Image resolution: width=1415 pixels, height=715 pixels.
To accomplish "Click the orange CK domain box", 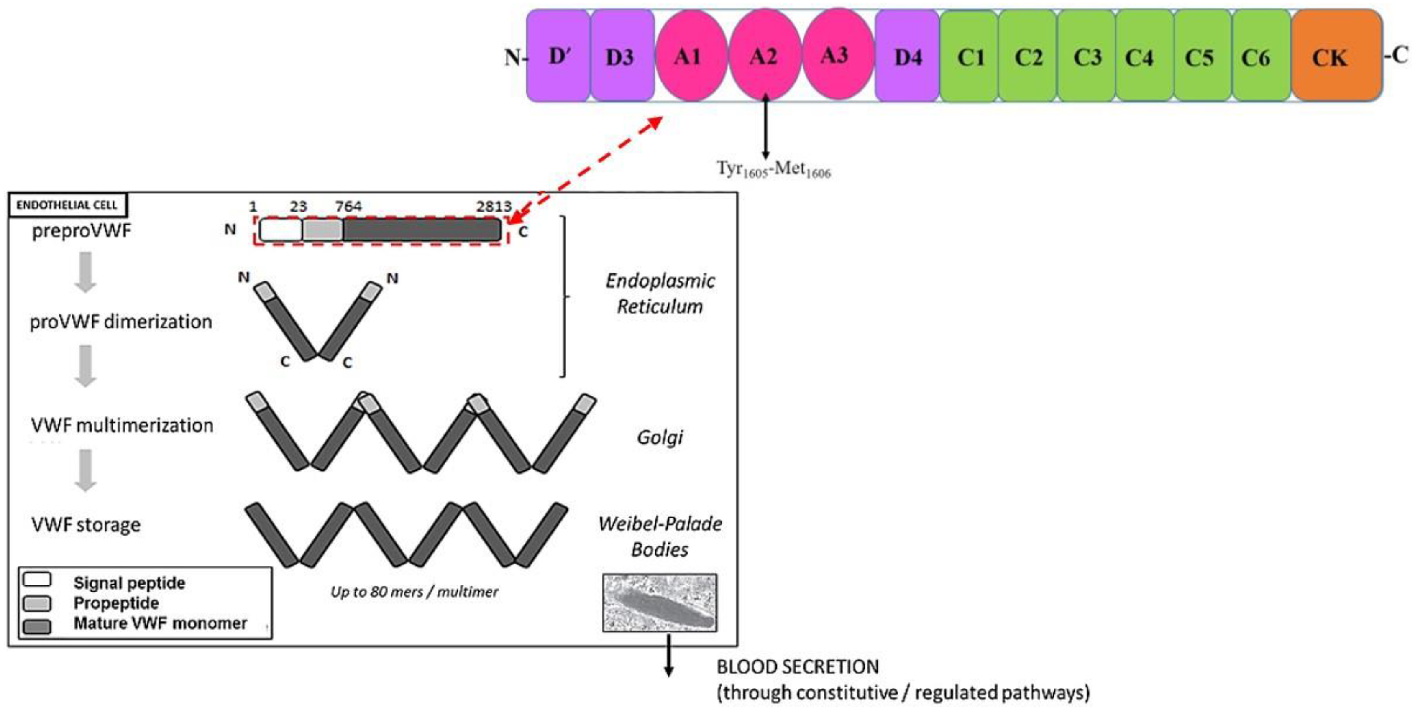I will pyautogui.click(x=1336, y=56).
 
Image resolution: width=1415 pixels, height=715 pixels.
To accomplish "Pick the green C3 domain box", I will pyautogui.click(x=1087, y=56).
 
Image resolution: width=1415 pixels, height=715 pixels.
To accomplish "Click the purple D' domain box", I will pyautogui.click(x=558, y=56).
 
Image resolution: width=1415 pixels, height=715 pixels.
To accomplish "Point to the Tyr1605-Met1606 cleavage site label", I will pyautogui.click(x=773, y=169).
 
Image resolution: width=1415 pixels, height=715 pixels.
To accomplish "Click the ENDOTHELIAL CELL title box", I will pyautogui.click(x=67, y=205).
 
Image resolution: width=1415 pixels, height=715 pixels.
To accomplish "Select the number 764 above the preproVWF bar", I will pyautogui.click(x=348, y=207).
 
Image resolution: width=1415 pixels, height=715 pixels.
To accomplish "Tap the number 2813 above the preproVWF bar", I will pyautogui.click(x=493, y=207).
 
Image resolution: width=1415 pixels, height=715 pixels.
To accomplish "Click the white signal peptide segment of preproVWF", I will pyautogui.click(x=281, y=230).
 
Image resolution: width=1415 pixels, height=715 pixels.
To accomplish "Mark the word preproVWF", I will pyautogui.click(x=81, y=231).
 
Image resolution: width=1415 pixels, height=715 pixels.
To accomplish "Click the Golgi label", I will pyautogui.click(x=660, y=438).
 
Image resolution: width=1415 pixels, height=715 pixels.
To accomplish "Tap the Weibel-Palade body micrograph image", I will pyautogui.click(x=660, y=603).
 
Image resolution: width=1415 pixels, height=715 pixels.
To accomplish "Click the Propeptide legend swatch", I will pyautogui.click(x=37, y=603).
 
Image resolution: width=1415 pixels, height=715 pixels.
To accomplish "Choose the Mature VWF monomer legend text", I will pyautogui.click(x=160, y=623).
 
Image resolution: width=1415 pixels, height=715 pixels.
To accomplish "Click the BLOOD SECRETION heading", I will pyautogui.click(x=798, y=666).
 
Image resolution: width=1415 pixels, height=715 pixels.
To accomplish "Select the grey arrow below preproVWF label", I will pyautogui.click(x=85, y=272).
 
